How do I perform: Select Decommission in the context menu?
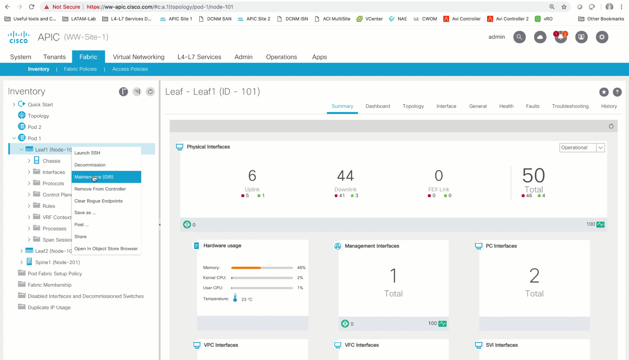(x=90, y=165)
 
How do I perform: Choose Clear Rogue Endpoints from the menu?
(x=99, y=201)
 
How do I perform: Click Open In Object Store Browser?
(x=106, y=249)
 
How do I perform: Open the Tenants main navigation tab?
(x=54, y=57)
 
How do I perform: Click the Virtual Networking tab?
(x=138, y=57)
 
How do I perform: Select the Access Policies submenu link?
(x=130, y=69)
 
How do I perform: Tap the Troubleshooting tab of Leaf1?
(x=570, y=106)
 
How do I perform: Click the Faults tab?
(x=532, y=106)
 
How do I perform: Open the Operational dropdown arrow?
(x=601, y=148)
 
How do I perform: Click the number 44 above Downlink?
(x=345, y=176)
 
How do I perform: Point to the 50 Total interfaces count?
(x=533, y=176)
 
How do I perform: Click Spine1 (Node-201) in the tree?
(x=57, y=262)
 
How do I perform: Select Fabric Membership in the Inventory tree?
(x=50, y=285)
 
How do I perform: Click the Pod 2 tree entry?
(x=34, y=127)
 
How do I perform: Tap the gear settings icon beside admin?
(x=602, y=37)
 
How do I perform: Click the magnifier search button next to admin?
(x=519, y=37)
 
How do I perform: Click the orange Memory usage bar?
(x=246, y=268)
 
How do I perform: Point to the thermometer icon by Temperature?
(x=235, y=298)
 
